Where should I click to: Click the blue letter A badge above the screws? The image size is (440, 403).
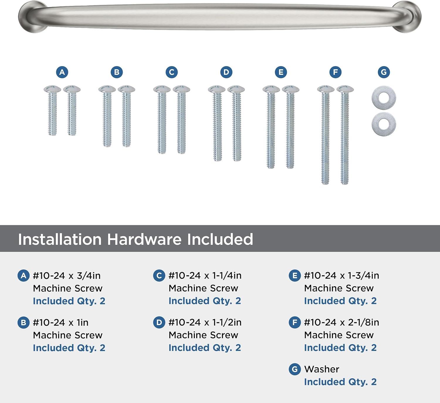(62, 72)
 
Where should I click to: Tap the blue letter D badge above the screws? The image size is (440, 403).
(226, 72)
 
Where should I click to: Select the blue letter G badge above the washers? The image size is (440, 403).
(384, 72)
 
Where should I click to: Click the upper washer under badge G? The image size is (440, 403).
(384, 97)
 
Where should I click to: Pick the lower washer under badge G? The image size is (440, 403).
(384, 123)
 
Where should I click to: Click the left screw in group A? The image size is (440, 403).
(53, 112)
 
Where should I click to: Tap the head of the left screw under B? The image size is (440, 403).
(107, 89)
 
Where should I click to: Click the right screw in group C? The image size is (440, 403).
(181, 120)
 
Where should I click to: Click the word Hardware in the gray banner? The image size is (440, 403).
(144, 239)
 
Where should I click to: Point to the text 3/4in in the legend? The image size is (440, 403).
(89, 276)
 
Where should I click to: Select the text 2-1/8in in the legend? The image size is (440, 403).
(363, 322)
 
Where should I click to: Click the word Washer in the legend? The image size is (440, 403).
(321, 369)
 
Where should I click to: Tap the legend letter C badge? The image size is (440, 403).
(159, 276)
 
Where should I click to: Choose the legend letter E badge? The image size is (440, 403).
(295, 276)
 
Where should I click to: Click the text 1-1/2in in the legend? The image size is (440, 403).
(227, 322)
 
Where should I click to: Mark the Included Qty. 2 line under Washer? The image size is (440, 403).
(340, 382)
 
